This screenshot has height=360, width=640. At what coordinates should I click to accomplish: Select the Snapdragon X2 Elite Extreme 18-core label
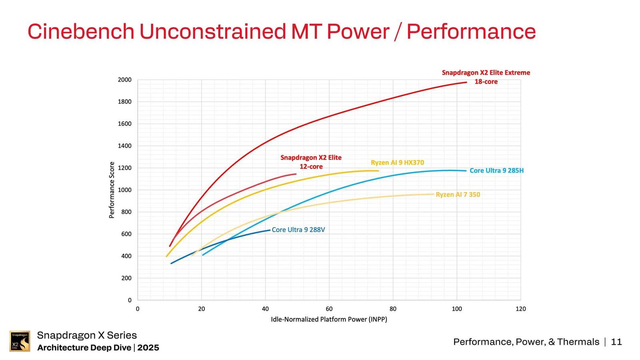[x=486, y=77]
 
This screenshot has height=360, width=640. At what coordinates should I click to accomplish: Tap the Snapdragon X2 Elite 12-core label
[x=311, y=162]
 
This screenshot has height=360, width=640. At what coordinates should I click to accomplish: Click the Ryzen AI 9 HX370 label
[x=397, y=162]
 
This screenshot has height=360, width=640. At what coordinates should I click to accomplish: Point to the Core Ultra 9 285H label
[x=496, y=170]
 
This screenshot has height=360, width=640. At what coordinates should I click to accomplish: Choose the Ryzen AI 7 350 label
[x=458, y=194]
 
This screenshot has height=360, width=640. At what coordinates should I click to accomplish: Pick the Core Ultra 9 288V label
[x=298, y=230]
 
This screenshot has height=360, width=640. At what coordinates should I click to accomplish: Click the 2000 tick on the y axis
[x=124, y=80]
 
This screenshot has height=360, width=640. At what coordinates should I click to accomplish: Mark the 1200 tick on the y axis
[x=124, y=168]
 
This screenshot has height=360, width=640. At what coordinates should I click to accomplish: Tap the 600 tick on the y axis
[x=126, y=234]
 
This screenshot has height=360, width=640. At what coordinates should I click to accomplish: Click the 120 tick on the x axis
[x=520, y=309]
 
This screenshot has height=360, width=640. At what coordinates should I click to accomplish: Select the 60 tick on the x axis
[x=329, y=309]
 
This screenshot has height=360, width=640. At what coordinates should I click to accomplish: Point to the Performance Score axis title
[x=112, y=190]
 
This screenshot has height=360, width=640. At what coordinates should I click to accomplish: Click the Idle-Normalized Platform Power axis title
[x=329, y=319]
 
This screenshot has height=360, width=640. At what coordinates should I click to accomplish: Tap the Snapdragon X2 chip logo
[x=20, y=341]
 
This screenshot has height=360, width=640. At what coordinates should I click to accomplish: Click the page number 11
[x=616, y=342]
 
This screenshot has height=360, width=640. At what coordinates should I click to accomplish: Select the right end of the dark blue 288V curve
[x=270, y=230]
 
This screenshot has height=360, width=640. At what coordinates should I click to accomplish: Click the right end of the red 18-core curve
[x=466, y=82]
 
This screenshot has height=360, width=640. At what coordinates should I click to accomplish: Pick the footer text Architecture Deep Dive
[x=84, y=348]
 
